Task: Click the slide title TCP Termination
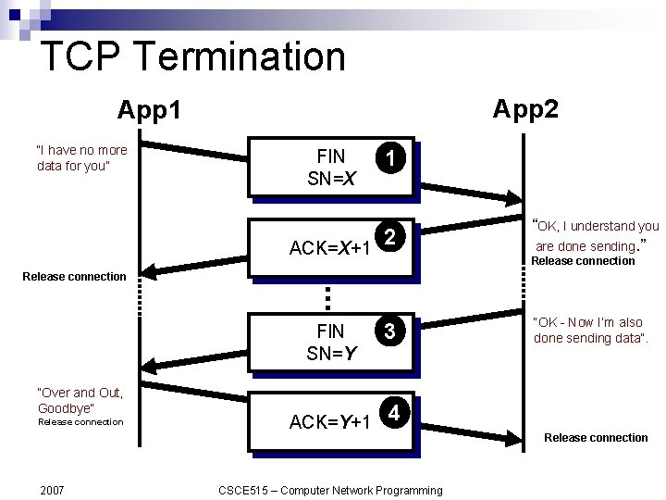click(x=192, y=56)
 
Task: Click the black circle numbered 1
click(x=391, y=159)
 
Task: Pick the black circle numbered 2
click(x=391, y=238)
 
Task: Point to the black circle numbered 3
click(x=391, y=331)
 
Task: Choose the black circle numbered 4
click(x=393, y=412)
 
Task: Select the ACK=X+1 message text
click(x=330, y=248)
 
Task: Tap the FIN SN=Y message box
click(x=330, y=341)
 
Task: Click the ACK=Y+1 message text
click(x=330, y=422)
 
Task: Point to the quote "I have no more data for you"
click(x=81, y=157)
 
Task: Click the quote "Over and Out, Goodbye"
click(x=80, y=400)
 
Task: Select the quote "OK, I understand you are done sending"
click(x=596, y=235)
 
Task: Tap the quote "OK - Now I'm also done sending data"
click(x=590, y=330)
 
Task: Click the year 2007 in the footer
click(x=53, y=490)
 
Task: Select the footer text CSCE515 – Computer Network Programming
click(x=330, y=490)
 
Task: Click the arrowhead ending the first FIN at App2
click(x=515, y=199)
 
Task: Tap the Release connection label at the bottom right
click(x=596, y=437)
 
